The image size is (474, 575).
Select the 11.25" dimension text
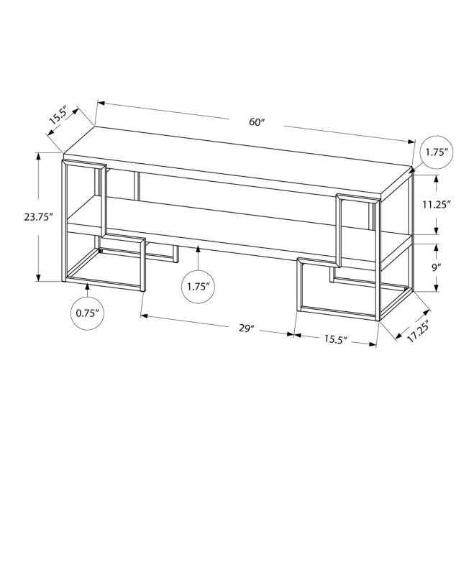click(x=436, y=204)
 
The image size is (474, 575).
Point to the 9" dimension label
click(x=437, y=266)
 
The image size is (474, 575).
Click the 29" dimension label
click(x=247, y=328)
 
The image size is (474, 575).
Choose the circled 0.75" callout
click(x=88, y=313)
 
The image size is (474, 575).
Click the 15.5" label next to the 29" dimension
click(x=334, y=339)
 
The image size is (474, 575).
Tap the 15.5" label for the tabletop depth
click(x=58, y=118)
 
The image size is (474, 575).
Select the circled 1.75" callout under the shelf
click(x=197, y=286)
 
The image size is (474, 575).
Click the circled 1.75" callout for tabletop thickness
click(x=436, y=152)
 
